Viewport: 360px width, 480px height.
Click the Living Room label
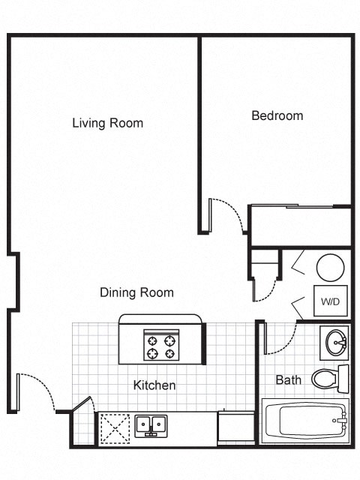click(107, 123)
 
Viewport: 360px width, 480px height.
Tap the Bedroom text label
click(277, 115)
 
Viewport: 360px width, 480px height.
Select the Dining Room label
click(136, 292)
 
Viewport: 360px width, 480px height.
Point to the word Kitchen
click(154, 385)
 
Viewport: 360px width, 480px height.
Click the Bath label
click(288, 380)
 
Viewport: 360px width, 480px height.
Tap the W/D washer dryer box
click(329, 301)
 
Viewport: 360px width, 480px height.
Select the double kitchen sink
click(151, 425)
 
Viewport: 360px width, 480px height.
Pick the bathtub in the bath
click(304, 421)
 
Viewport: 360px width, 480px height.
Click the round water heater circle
click(330, 267)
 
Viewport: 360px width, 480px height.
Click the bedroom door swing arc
click(227, 214)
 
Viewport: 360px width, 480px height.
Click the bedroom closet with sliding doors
click(300, 225)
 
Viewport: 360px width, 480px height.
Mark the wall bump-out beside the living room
click(13, 281)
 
